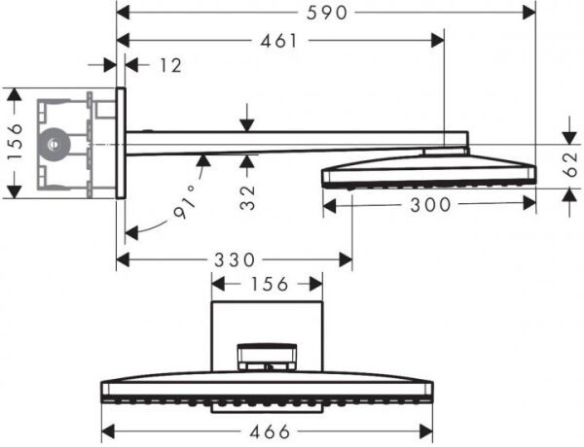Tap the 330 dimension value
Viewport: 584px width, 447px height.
(x=234, y=259)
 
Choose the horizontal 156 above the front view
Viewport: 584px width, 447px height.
(x=268, y=285)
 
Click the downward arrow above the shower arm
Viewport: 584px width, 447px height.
(x=249, y=122)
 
